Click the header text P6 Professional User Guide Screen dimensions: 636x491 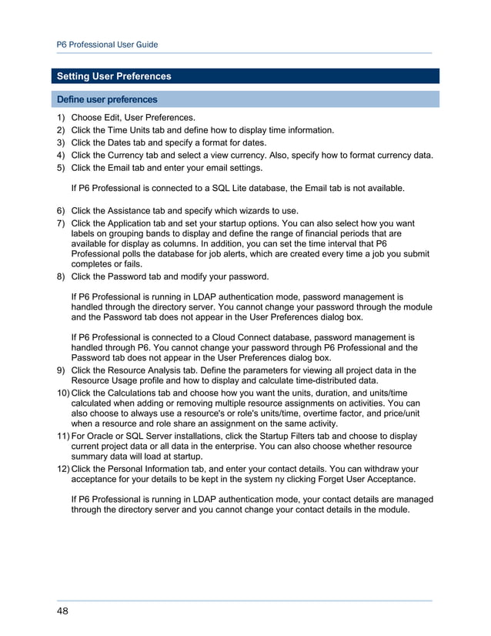108,45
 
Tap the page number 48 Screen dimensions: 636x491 62,611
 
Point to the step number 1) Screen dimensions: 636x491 59,118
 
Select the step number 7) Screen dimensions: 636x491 59,223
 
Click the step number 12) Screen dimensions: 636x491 62,468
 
